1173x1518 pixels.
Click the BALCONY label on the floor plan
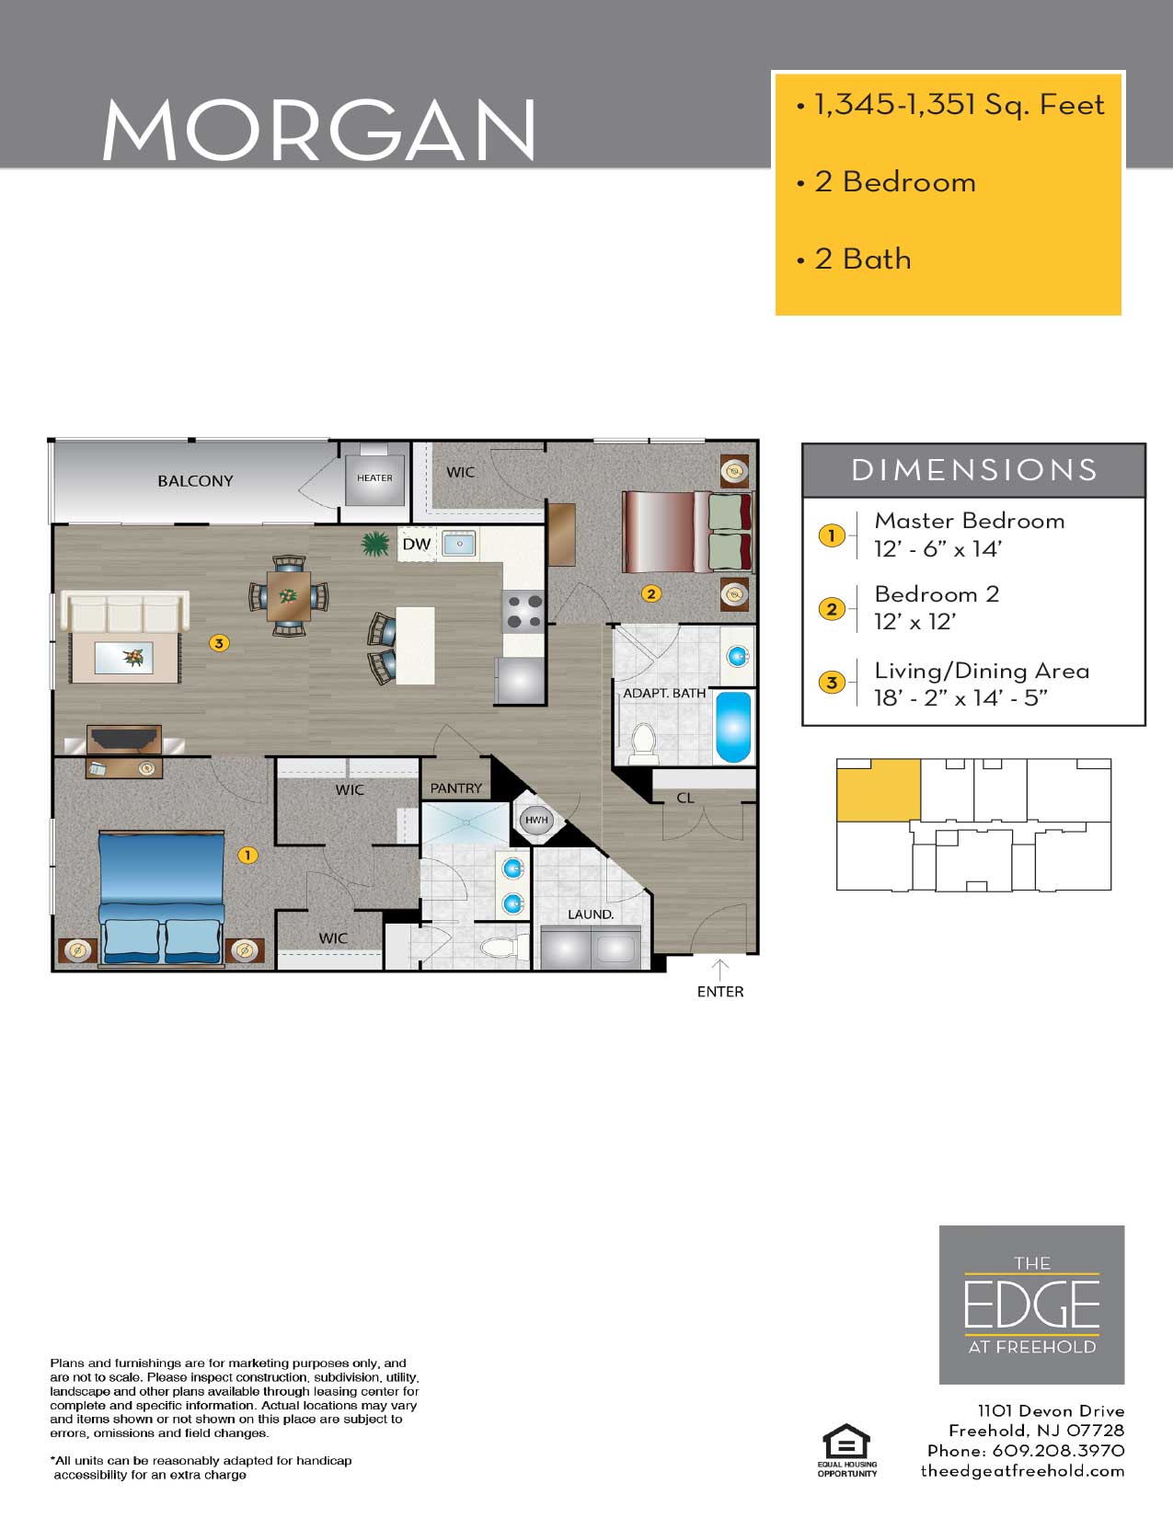(x=195, y=480)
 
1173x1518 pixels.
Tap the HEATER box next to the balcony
(x=374, y=479)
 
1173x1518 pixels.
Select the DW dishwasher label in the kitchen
(x=417, y=545)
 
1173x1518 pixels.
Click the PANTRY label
(x=455, y=788)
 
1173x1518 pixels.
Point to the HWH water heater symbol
(x=535, y=820)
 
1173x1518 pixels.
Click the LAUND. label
(x=591, y=914)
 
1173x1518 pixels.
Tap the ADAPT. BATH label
(x=663, y=693)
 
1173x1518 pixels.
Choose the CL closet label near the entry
(x=684, y=798)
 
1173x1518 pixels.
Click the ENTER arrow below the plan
(x=719, y=971)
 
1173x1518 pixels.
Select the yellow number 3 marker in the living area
(x=219, y=643)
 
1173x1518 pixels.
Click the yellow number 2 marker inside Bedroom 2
(x=651, y=593)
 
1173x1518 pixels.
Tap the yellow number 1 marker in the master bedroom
(x=247, y=855)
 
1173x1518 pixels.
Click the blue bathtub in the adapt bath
(x=733, y=727)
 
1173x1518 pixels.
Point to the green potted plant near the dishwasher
(x=375, y=544)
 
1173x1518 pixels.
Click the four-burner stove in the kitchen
(x=524, y=611)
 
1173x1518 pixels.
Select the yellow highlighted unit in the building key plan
(x=879, y=790)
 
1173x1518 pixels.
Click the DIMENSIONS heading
(x=974, y=470)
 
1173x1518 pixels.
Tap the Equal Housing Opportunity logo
(x=846, y=1450)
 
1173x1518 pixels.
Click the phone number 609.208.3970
(x=1058, y=1451)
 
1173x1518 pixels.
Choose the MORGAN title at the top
(x=319, y=129)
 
